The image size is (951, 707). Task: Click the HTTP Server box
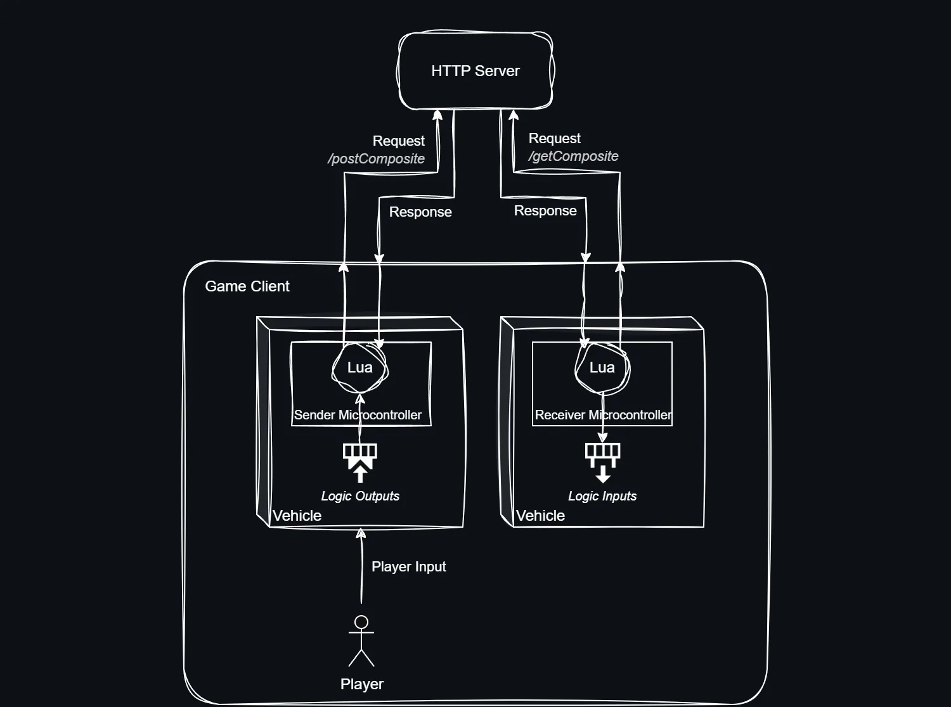[475, 71]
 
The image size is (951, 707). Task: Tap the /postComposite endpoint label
[377, 159]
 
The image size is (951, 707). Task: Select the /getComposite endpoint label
[574, 156]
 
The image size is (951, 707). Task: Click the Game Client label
[247, 286]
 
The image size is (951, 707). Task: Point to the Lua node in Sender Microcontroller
[359, 368]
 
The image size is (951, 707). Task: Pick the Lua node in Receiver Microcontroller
[602, 368]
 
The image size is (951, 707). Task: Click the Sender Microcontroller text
[358, 416]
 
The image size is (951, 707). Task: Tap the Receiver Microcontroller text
[603, 416]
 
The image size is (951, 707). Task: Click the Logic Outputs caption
[360, 496]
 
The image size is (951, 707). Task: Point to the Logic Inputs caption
[602, 496]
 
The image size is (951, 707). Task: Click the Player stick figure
[361, 641]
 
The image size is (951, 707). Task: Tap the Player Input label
[409, 567]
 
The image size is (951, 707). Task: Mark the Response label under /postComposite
[420, 212]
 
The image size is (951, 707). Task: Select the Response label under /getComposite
[545, 211]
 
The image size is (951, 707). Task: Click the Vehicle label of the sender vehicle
[297, 516]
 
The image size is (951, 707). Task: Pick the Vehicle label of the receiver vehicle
[540, 516]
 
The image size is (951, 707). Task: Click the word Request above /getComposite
[555, 139]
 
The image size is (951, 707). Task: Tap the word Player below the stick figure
[362, 684]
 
